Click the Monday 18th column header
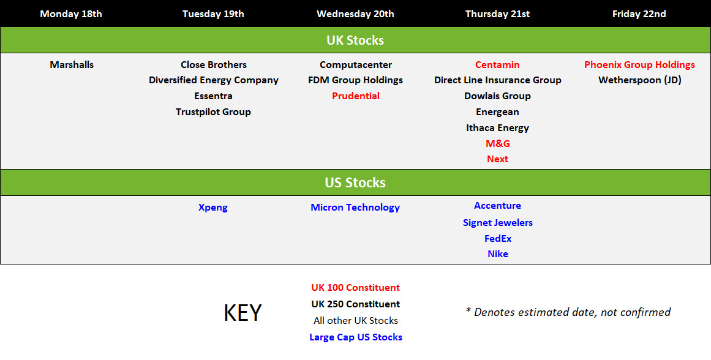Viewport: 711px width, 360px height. (71, 14)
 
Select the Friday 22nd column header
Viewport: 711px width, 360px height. (639, 14)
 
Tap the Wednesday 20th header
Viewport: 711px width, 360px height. (355, 14)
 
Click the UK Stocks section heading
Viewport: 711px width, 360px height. (355, 40)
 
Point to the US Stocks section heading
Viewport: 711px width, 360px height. (355, 182)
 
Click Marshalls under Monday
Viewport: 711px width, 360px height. (72, 65)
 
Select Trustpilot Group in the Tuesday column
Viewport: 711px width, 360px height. (213, 112)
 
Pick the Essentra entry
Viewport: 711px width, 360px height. (213, 96)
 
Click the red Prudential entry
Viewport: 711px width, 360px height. (355, 96)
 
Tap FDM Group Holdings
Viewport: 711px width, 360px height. (355, 80)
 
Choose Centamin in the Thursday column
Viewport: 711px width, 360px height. (497, 65)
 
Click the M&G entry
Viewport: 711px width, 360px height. (497, 144)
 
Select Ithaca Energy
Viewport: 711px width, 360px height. (497, 128)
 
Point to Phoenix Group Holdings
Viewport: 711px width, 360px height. (639, 65)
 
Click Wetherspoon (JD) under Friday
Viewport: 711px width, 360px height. (640, 80)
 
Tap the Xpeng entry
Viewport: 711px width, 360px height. (213, 208)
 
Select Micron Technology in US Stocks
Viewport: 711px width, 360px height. (355, 208)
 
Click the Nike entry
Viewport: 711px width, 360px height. (497, 254)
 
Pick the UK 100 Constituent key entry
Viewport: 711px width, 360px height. (355, 288)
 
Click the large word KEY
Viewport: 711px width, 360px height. (243, 312)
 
